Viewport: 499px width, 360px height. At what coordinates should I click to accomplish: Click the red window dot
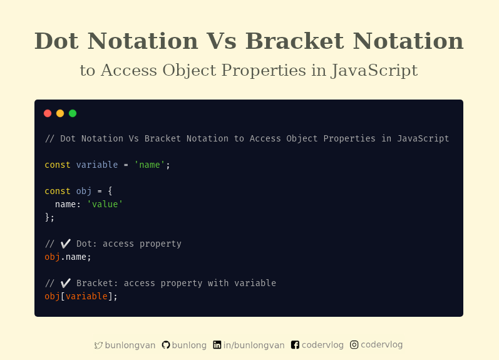click(48, 113)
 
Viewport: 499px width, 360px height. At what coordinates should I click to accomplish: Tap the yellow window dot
click(60, 113)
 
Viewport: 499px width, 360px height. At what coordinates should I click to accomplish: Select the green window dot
click(73, 113)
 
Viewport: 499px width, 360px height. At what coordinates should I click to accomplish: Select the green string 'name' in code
click(150, 165)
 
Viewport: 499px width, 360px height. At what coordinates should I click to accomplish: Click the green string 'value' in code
click(105, 204)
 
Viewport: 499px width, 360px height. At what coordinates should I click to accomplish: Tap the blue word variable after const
click(97, 165)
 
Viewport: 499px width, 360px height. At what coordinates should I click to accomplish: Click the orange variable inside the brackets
click(86, 296)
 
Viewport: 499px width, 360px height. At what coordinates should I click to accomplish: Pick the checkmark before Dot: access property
click(66, 244)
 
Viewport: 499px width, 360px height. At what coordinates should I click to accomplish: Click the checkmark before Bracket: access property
click(66, 283)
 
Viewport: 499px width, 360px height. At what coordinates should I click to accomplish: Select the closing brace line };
click(49, 217)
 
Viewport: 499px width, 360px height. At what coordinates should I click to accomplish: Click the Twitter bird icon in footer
click(98, 345)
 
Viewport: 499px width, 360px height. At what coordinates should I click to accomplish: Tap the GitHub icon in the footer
click(166, 345)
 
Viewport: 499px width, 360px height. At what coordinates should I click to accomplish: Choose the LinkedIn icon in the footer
click(217, 345)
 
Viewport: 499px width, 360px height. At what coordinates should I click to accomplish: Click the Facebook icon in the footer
click(296, 345)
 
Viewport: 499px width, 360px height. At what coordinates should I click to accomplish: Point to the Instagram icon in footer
click(354, 344)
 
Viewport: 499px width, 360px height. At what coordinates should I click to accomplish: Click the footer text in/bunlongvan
click(254, 345)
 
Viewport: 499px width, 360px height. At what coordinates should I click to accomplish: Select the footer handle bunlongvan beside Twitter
click(130, 345)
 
